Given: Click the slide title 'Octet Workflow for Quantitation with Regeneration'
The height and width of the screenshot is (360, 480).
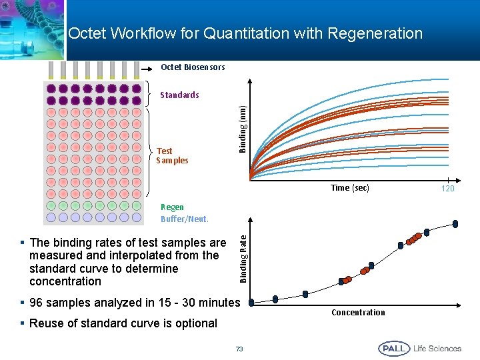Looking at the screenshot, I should (x=245, y=33).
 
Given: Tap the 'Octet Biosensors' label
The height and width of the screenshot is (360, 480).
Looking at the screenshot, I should (x=193, y=67).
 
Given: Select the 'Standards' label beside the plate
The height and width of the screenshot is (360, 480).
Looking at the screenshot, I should (x=179, y=95).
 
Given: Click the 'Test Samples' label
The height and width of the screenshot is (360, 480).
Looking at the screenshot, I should (x=172, y=156).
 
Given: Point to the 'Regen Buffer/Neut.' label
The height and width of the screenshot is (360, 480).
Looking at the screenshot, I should (x=184, y=213).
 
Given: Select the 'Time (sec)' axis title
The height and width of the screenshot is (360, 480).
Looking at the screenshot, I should (x=350, y=188).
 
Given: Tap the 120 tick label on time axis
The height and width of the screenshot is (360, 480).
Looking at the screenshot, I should (x=449, y=189).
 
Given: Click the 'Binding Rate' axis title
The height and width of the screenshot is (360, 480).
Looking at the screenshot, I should (x=243, y=257).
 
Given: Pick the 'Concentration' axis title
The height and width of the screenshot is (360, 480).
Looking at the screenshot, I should (x=358, y=313).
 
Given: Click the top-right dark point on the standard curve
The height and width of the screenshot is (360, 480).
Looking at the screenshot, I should (x=455, y=223).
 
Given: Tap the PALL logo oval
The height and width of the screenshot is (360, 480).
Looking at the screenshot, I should (x=393, y=349).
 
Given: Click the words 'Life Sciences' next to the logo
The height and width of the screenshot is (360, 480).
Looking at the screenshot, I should (x=437, y=349).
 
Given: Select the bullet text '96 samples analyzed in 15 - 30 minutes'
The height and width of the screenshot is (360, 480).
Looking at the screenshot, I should (x=134, y=303).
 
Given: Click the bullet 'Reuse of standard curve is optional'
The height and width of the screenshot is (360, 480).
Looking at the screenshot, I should (x=123, y=323).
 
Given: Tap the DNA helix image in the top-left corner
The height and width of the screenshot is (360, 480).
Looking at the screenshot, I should (x=33, y=27).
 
